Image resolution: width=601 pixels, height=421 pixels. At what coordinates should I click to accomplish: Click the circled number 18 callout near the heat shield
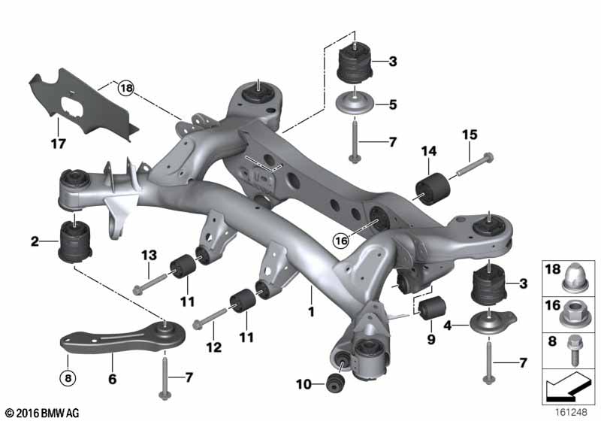126,88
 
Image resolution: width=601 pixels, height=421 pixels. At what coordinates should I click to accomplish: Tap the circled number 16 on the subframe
341,241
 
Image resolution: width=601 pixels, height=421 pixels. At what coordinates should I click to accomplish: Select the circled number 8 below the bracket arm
68,378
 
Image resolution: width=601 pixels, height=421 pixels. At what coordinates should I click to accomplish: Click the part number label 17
59,144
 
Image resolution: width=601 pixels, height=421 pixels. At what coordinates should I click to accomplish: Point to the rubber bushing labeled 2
75,241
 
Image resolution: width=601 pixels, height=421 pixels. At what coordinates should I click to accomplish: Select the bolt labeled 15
475,165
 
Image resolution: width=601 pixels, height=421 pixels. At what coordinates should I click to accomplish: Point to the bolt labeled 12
211,317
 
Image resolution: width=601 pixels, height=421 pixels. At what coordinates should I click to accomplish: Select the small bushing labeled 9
433,307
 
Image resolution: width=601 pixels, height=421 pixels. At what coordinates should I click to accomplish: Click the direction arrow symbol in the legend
568,388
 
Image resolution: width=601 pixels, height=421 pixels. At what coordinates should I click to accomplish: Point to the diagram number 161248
572,412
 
